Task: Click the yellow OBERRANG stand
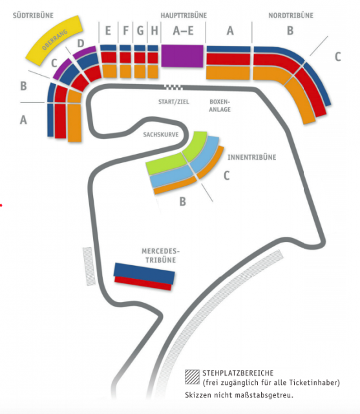click(x=54, y=40)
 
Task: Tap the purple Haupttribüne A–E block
click(x=182, y=56)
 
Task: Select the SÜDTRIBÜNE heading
click(x=33, y=16)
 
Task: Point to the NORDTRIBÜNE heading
click(x=291, y=16)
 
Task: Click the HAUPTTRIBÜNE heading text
click(x=184, y=16)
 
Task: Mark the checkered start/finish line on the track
click(x=173, y=87)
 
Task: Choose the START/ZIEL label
click(x=174, y=102)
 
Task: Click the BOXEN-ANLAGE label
click(x=220, y=105)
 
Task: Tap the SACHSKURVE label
click(x=161, y=135)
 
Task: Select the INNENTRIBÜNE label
click(x=252, y=157)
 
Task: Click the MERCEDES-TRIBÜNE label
click(x=161, y=256)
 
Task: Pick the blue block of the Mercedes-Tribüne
click(x=144, y=273)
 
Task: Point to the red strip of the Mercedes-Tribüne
click(x=143, y=283)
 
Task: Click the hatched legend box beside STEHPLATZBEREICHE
click(x=192, y=376)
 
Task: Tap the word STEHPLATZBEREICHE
click(x=238, y=373)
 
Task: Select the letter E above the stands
click(x=108, y=30)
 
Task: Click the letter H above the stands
click(x=154, y=30)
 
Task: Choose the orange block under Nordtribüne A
click(x=228, y=72)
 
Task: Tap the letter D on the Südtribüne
click(x=81, y=43)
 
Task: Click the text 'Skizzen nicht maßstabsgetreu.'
click(x=239, y=395)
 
